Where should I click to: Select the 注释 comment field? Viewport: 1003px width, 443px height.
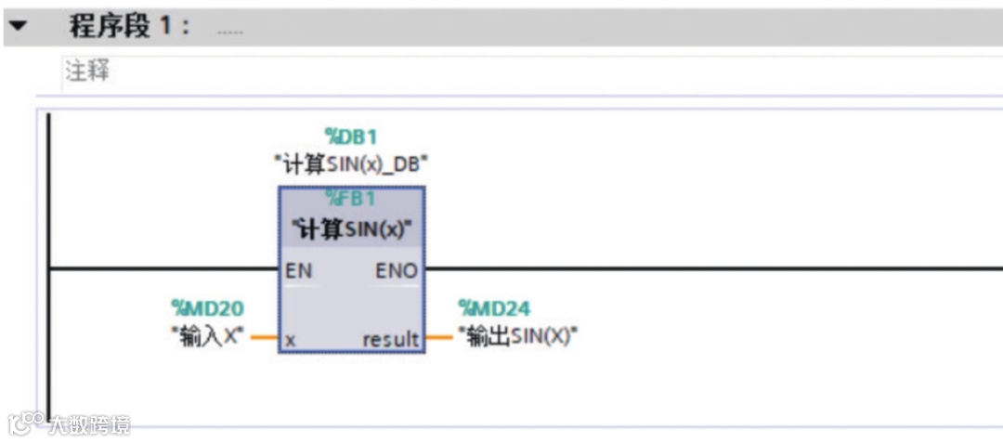pos(88,72)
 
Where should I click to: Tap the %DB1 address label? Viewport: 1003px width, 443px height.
pos(351,138)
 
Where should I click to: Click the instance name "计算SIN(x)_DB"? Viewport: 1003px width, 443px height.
pos(351,164)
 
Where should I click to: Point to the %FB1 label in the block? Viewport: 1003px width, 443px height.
pos(351,198)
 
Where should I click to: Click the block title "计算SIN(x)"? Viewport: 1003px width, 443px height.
pos(351,228)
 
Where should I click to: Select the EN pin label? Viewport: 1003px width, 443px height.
pos(299,271)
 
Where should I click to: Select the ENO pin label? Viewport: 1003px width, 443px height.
pos(397,271)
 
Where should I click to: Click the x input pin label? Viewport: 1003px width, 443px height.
pos(291,340)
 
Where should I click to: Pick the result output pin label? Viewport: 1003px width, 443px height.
pos(391,340)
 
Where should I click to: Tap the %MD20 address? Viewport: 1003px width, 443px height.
pos(207,308)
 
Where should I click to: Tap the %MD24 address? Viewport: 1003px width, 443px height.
pos(495,308)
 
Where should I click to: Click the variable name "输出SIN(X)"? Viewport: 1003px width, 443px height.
pos(518,336)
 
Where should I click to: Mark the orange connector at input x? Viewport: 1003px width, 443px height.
pos(265,338)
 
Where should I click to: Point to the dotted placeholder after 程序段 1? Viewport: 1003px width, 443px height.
pos(229,31)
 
